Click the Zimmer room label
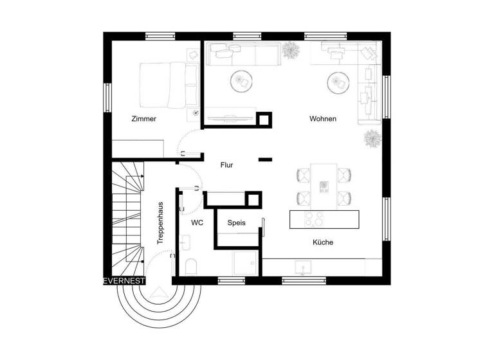pos(143,119)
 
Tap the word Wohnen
pos(322,119)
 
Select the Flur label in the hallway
pos(226,165)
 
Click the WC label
pos(197,222)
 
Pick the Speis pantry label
pos(236,222)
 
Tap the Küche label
pos(323,242)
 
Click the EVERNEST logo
pos(125,281)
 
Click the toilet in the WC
pos(191,266)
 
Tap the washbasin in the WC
pos(185,243)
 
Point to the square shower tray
pos(246,262)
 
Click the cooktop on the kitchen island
pos(315,219)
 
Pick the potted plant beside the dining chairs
pos(372,138)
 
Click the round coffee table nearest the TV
pos(242,81)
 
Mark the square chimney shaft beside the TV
pos(264,120)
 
